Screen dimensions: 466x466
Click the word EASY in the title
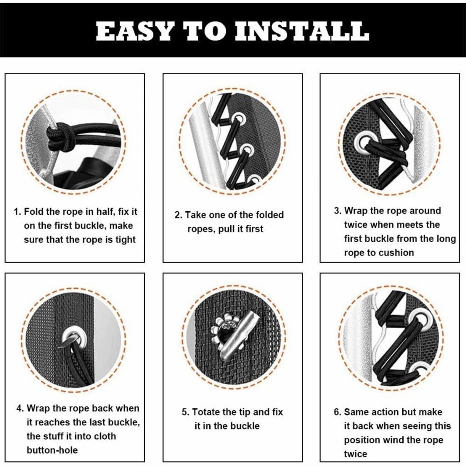click(134, 30)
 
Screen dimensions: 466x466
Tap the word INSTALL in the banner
click(302, 30)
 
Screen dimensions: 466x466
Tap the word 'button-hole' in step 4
click(52, 450)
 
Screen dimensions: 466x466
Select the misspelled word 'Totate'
click(206, 412)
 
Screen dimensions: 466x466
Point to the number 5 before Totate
click(185, 412)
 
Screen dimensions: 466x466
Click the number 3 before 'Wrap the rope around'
click(337, 211)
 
